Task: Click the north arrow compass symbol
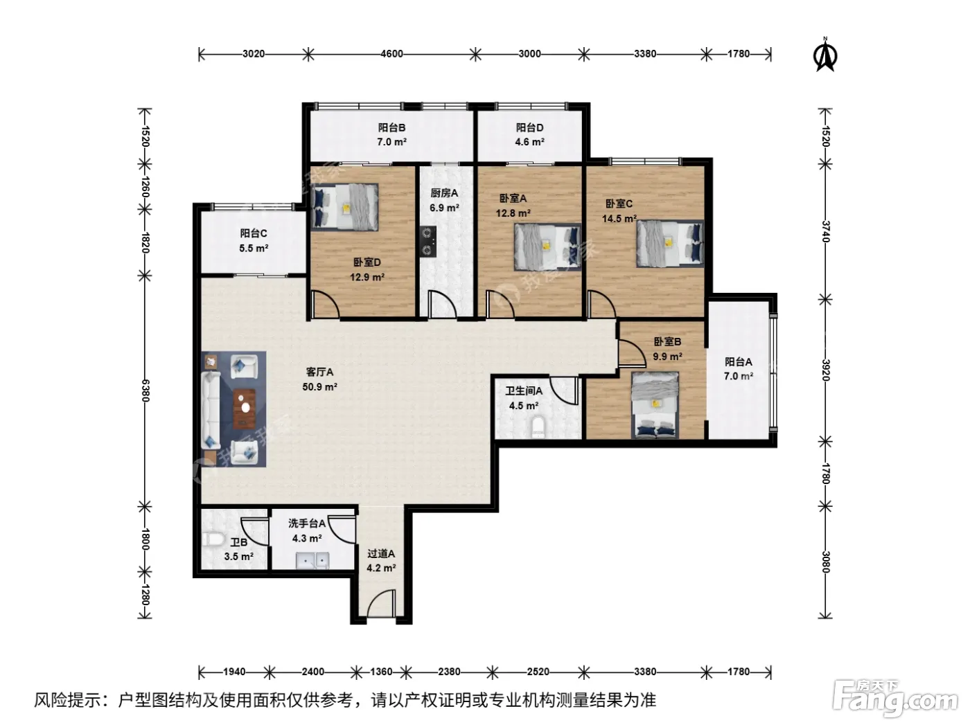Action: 824,55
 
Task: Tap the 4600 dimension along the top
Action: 391,54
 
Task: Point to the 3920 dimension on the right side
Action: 825,370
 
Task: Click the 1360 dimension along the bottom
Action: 381,672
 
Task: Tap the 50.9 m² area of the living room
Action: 319,387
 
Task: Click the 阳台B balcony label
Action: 391,127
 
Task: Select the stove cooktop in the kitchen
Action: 427,242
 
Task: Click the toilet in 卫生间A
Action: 538,427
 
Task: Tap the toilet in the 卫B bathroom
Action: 212,539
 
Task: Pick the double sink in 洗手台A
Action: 312,560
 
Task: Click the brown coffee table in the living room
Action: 245,409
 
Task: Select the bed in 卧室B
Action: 655,405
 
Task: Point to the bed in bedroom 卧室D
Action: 344,206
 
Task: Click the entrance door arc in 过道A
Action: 380,603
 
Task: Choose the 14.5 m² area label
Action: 619,219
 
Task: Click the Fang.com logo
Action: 894,699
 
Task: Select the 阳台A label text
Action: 738,362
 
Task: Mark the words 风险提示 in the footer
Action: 68,700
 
